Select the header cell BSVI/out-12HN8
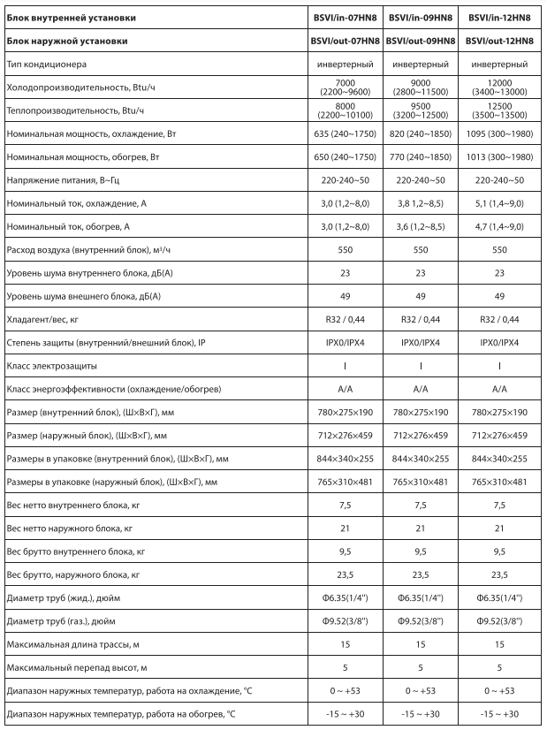499,41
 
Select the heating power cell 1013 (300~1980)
499,156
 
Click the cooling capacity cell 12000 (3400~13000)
499,87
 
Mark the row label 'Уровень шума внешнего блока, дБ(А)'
87,295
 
